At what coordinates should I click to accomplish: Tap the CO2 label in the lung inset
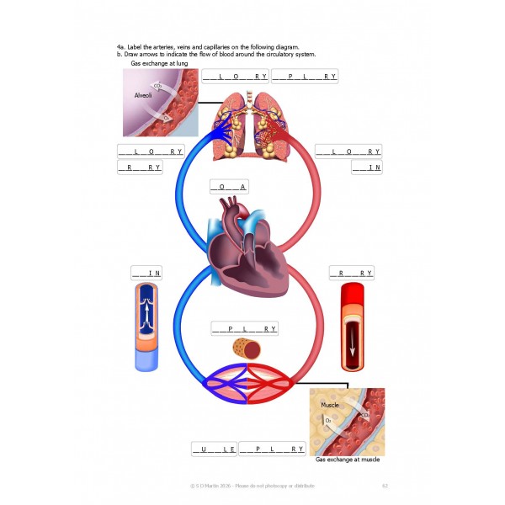157,85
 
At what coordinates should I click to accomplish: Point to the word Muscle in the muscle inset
329,406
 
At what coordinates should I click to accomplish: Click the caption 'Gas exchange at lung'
158,63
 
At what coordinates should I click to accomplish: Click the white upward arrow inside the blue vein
146,320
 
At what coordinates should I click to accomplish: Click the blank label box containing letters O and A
227,187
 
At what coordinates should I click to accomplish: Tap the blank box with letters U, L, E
214,449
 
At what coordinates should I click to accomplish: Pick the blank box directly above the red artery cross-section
351,274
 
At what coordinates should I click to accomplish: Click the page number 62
385,485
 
